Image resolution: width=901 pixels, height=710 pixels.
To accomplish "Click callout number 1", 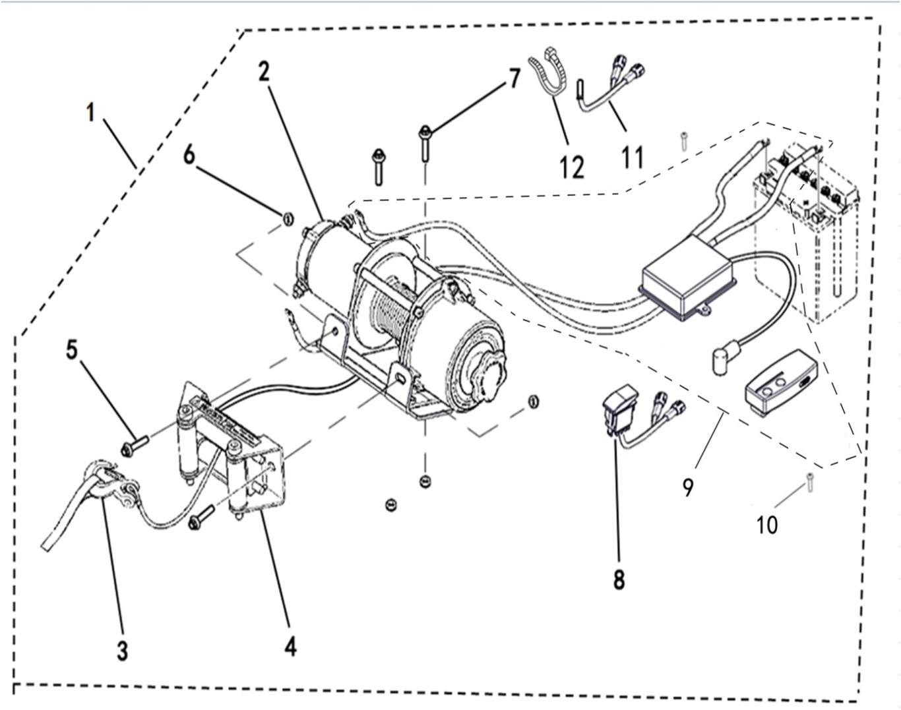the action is pos(91,113).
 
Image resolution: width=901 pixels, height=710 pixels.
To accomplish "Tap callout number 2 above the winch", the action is pos(264,72).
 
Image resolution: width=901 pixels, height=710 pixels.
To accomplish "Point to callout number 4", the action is pos(291,647).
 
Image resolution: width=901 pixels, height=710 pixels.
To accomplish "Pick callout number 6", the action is pos(189,156).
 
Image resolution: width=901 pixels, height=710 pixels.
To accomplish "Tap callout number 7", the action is pos(514,78).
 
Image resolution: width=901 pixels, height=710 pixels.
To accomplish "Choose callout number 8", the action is pos(619,580).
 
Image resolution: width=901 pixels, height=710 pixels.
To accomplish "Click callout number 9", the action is pos(688,487).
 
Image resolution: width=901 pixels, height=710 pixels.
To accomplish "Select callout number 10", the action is pos(767,525).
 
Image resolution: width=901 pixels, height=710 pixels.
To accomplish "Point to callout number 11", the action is pos(632,158).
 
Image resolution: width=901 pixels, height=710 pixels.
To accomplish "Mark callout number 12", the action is pos(571,167).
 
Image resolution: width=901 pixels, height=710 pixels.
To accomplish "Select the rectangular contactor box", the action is pos(689,278).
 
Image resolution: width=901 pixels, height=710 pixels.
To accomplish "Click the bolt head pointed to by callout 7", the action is pos(425,133).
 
